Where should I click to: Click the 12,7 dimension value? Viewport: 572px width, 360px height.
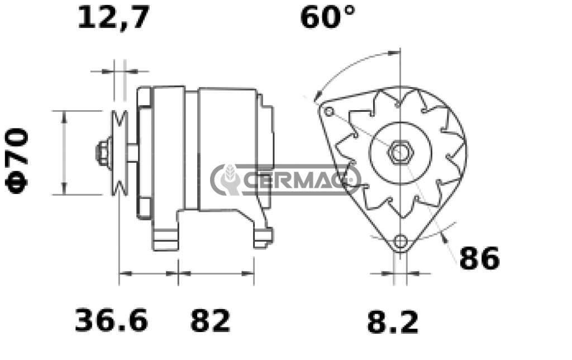(x=114, y=18)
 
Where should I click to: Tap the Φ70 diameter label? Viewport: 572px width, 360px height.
(x=18, y=160)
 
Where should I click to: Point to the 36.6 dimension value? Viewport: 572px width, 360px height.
(x=112, y=321)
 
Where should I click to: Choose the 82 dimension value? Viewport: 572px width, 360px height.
(x=210, y=321)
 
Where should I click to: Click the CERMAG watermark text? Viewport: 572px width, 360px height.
(x=299, y=180)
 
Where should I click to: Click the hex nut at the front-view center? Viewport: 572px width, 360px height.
(x=400, y=152)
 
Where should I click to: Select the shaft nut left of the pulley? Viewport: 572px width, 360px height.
(x=103, y=152)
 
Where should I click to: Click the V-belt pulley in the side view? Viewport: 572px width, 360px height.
(x=120, y=153)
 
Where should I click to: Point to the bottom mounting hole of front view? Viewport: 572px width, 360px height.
(x=400, y=241)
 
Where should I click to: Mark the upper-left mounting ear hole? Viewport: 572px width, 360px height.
(x=329, y=112)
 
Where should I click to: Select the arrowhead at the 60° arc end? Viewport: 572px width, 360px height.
(x=317, y=97)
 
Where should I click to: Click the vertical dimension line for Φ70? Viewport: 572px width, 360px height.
(x=64, y=153)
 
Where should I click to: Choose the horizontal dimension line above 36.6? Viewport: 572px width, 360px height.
(x=149, y=274)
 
